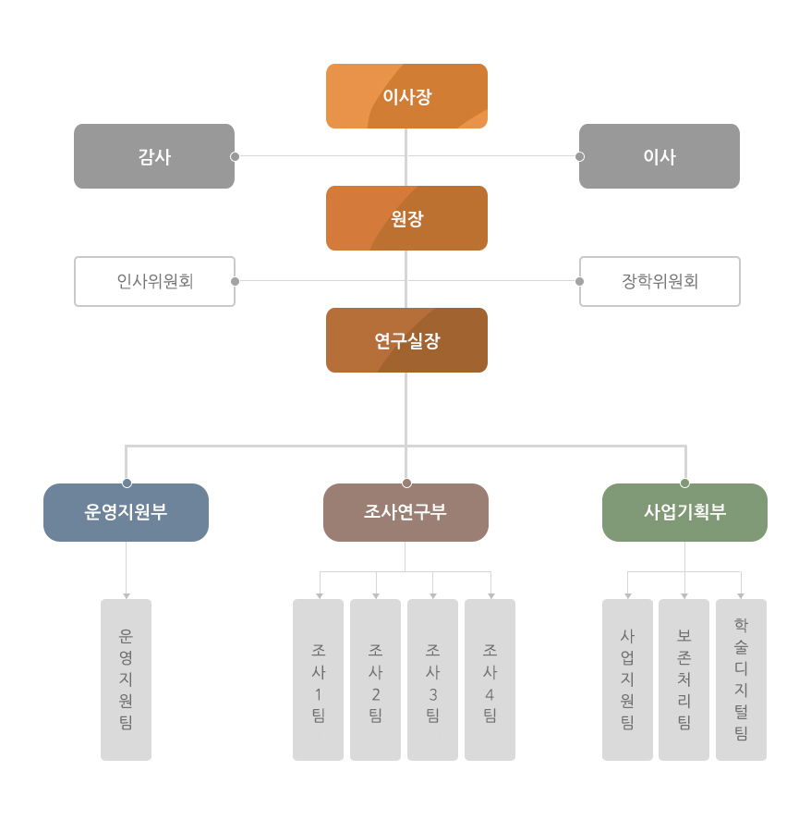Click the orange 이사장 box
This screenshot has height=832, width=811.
point(406,96)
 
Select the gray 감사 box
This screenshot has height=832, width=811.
point(154,156)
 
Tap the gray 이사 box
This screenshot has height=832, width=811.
point(659,156)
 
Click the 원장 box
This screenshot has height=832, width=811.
point(406,218)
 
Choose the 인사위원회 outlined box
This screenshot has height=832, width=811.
point(154,281)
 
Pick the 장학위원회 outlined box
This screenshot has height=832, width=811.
point(660,281)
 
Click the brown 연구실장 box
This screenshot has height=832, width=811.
point(406,340)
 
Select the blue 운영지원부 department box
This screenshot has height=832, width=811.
point(126,512)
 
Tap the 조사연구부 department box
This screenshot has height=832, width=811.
point(405,512)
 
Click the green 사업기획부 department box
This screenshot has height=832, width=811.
point(684,512)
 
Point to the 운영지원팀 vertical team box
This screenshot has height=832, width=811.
point(126,679)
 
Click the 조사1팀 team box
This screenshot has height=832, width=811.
point(318,679)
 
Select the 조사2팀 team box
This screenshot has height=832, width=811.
point(375,679)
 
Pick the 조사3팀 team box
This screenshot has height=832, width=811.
point(432,679)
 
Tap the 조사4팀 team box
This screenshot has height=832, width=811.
point(490,679)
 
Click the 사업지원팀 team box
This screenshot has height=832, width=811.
point(627,679)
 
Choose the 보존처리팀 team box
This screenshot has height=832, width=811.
point(684,679)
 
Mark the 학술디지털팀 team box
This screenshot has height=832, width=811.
point(741,679)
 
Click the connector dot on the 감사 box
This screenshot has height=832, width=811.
point(235,156)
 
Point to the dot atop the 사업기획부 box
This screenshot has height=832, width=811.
point(684,483)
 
